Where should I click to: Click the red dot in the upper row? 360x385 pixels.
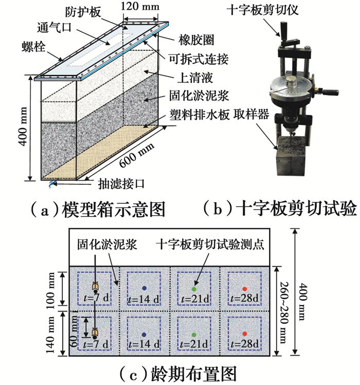tap(244, 288)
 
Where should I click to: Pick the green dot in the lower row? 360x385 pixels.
tap(194, 332)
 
